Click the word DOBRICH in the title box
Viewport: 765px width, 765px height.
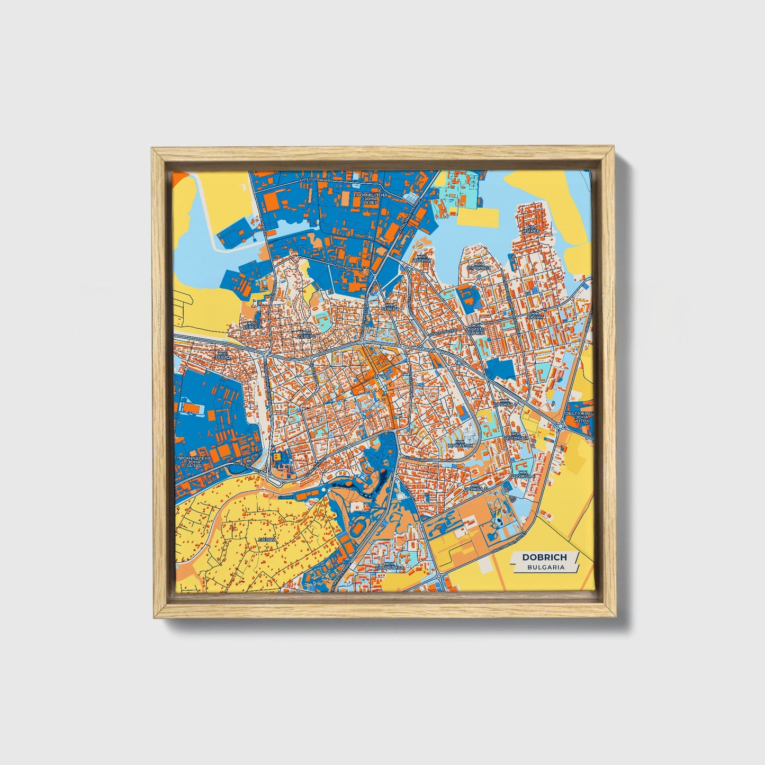pyautogui.click(x=544, y=557)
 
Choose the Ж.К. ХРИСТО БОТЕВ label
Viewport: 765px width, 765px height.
pyautogui.click(x=475, y=330)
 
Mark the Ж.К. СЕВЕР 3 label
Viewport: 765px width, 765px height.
pyautogui.click(x=251, y=325)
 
